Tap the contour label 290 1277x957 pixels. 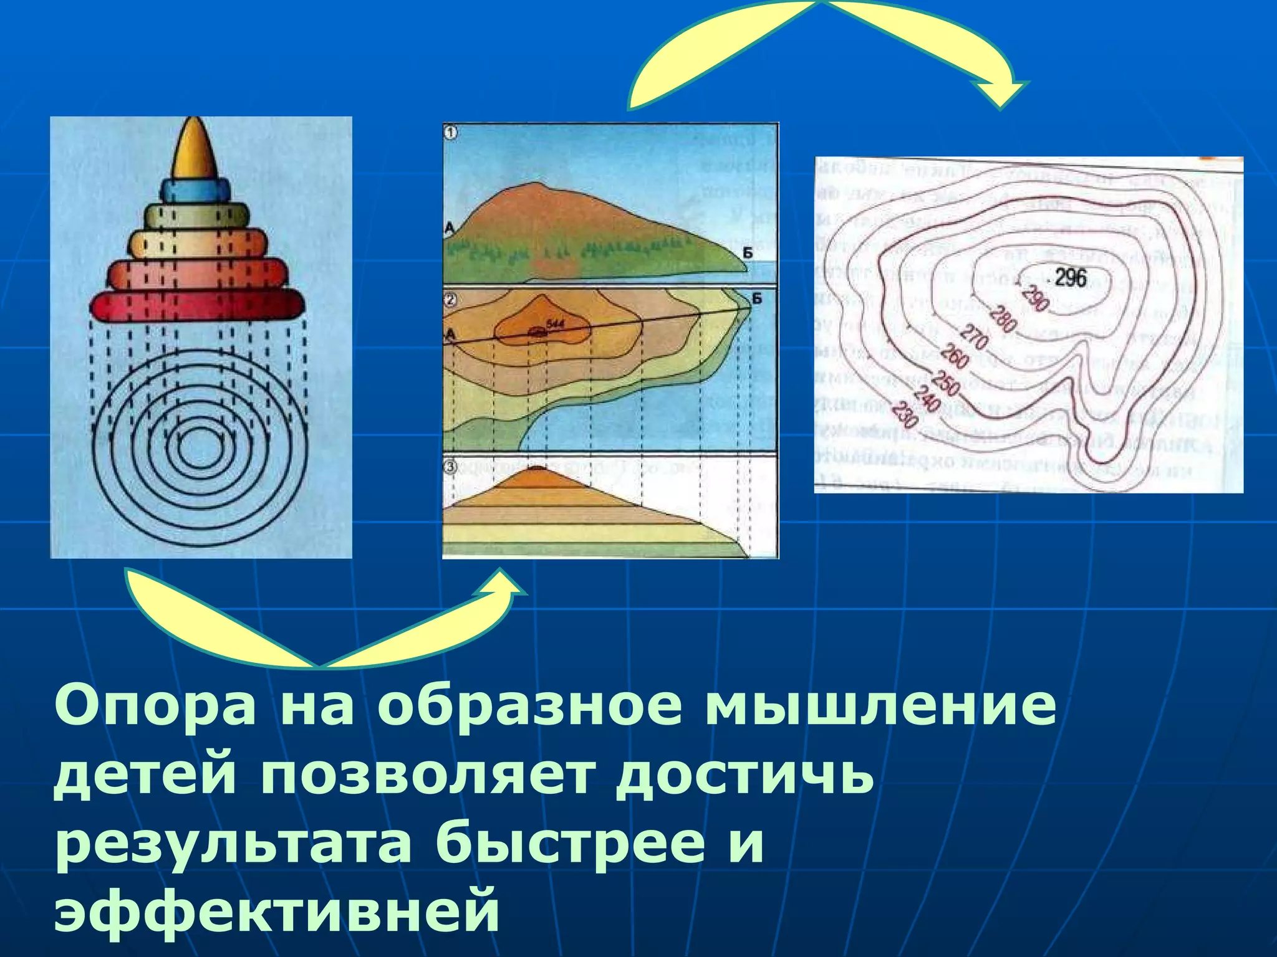pyautogui.click(x=1036, y=299)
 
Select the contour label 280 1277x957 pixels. pyautogui.click(x=1003, y=320)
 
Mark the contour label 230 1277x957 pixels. pyautogui.click(x=904, y=415)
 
